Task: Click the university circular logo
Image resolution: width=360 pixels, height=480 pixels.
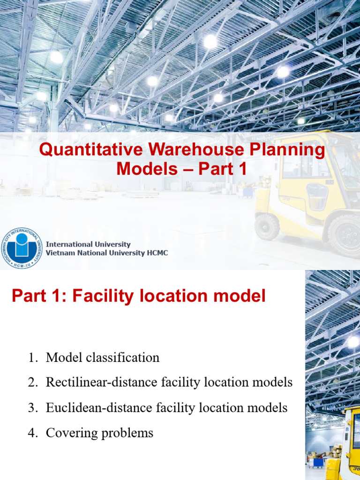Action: pos(22,248)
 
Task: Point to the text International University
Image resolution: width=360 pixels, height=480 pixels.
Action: pos(88,245)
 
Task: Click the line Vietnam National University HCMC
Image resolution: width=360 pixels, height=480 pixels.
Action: pos(106,253)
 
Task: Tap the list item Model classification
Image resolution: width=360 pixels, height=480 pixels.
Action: pos(103,358)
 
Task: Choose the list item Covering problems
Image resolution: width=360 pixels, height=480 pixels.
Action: pos(99,433)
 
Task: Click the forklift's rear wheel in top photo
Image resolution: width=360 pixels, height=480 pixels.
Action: pos(266,226)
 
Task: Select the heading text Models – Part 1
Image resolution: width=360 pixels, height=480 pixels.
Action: pos(181,169)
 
